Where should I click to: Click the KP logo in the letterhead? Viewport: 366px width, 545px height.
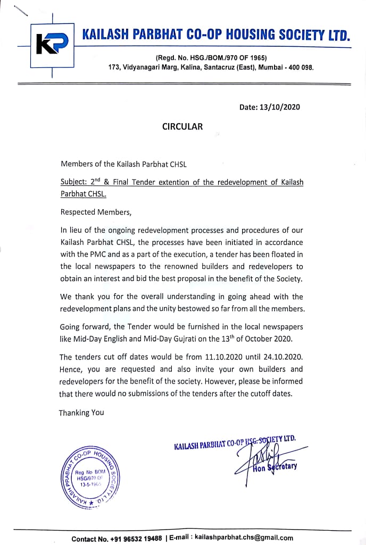tap(51, 45)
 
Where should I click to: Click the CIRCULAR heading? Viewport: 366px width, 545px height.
tap(182, 126)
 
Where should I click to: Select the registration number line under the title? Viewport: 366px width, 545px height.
tap(211, 57)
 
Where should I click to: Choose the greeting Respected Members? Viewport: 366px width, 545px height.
tap(95, 212)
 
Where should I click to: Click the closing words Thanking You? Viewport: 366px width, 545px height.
tap(81, 412)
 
